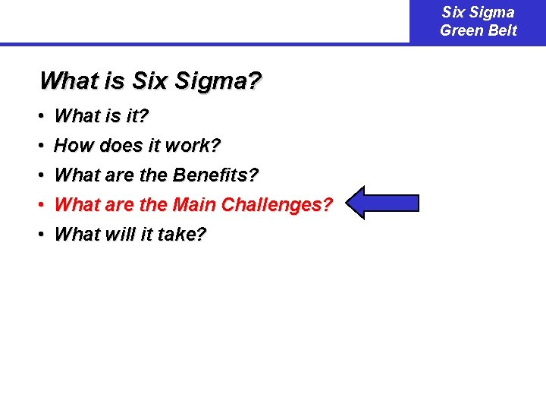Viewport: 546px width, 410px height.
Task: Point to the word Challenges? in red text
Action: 277,205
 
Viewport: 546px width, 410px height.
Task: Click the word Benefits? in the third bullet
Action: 215,175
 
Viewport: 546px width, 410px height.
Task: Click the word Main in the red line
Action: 195,205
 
